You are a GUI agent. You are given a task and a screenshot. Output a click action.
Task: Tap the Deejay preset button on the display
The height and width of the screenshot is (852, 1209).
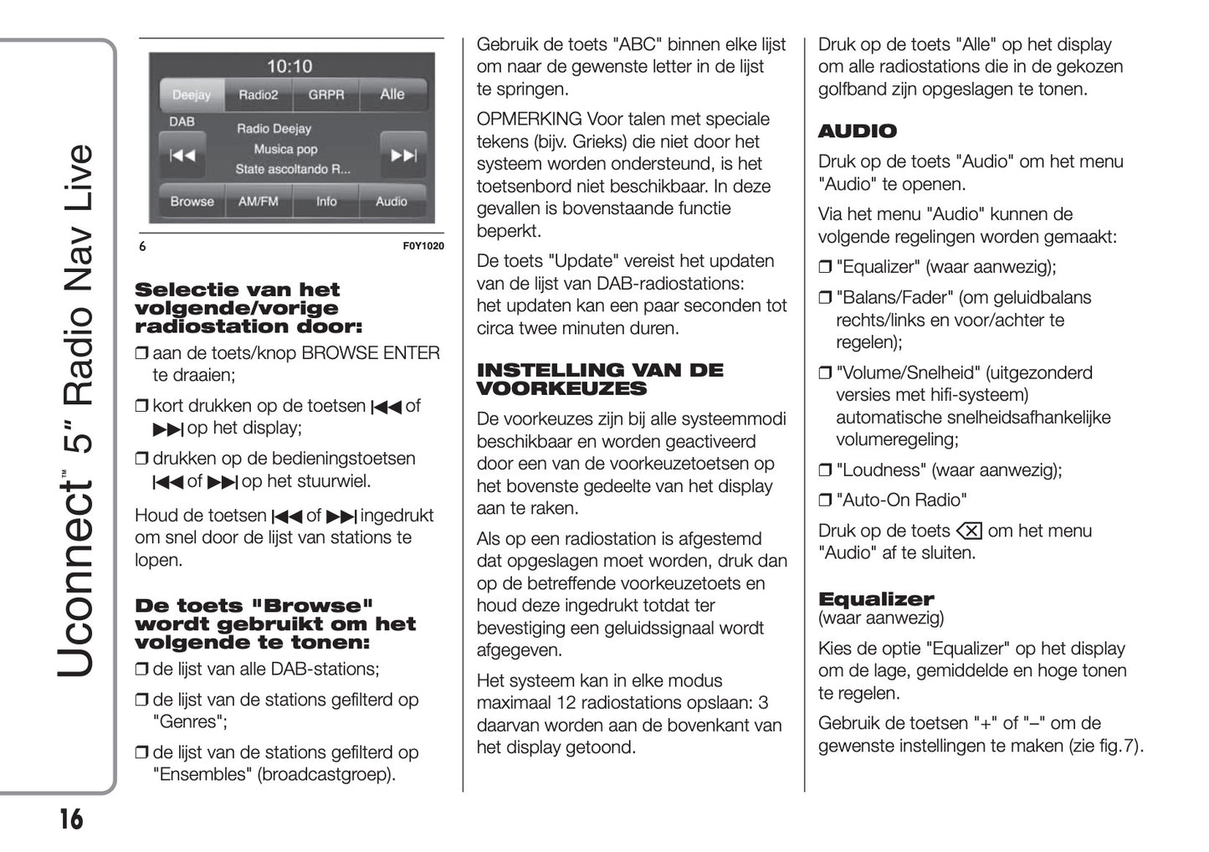pos(192,95)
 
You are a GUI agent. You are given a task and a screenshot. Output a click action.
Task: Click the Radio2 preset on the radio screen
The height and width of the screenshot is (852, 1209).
pos(258,95)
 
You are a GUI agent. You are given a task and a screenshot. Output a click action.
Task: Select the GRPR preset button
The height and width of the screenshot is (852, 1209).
pos(325,95)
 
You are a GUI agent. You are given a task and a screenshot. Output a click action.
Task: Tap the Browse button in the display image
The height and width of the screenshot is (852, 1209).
pos(192,202)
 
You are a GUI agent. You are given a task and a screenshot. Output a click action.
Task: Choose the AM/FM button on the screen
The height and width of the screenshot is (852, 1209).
pos(258,202)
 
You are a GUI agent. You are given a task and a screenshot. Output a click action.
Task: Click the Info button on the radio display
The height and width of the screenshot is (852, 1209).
pos(325,202)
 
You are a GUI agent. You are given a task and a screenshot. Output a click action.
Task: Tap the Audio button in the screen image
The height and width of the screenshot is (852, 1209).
pos(391,202)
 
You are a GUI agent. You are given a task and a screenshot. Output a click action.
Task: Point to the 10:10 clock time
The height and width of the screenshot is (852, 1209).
pos(289,67)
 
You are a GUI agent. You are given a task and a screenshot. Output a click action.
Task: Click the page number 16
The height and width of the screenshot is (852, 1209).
pos(71,818)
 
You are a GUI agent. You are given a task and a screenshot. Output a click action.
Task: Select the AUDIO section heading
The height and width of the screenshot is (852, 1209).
pos(857,131)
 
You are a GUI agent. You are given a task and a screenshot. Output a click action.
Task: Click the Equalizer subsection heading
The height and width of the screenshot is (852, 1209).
pos(875,599)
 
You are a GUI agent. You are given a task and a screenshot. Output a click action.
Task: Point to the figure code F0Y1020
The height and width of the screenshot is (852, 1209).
pos(423,246)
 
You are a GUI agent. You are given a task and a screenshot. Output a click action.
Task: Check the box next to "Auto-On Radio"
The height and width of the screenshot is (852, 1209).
pos(825,500)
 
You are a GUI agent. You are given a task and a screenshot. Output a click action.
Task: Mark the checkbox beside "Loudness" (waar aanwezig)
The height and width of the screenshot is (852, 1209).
pos(825,470)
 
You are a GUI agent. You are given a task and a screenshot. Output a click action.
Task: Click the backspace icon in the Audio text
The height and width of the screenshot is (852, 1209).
pos(968,531)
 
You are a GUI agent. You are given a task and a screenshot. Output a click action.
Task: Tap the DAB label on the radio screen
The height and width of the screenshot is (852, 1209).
pos(182,122)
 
